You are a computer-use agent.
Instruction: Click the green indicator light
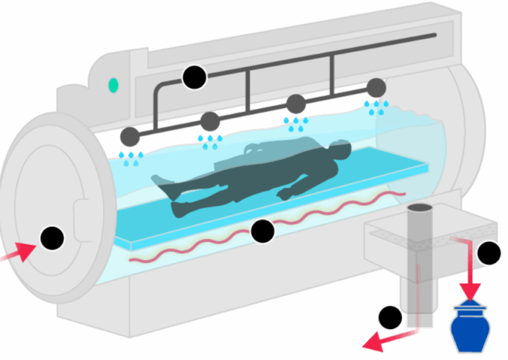coord(113,86)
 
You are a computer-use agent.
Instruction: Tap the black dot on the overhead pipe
coord(193,77)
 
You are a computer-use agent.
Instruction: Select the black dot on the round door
coord(52,238)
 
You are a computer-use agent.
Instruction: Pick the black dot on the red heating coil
coord(262,230)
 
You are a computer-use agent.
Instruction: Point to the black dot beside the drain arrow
coord(391,317)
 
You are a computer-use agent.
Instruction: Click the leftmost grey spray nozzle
coord(130,135)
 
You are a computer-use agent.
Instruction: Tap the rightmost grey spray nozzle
coord(375,89)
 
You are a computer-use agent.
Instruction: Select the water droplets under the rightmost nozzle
coord(375,108)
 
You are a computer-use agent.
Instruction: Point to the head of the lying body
coord(339,150)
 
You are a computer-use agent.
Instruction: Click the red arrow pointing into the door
coord(21,252)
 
